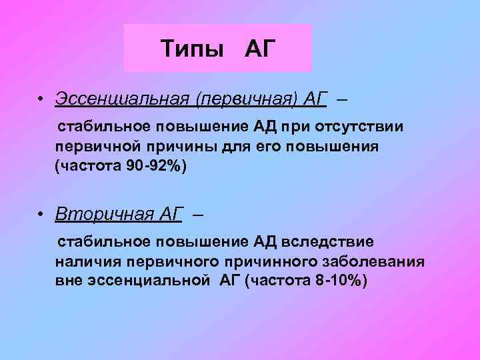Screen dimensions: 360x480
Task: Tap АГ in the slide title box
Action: [260, 48]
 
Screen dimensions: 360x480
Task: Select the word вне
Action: [69, 279]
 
